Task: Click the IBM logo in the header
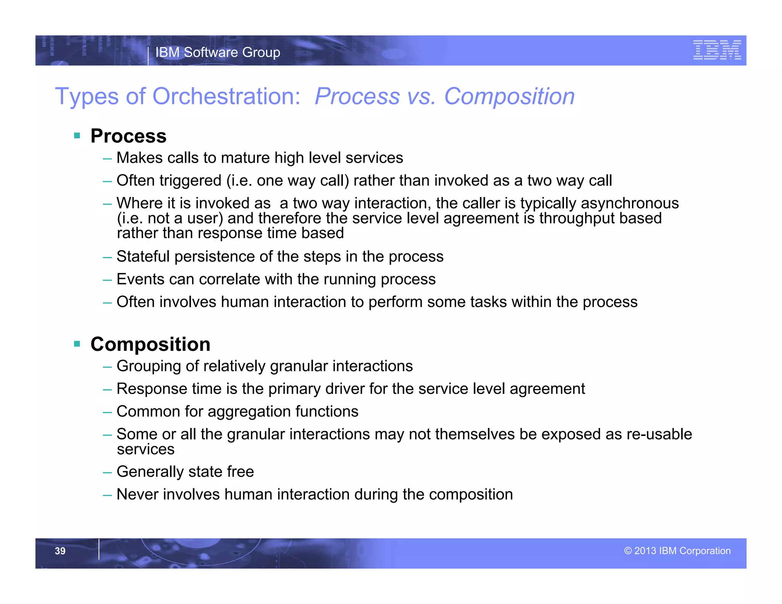click(x=717, y=50)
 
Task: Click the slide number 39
click(x=60, y=551)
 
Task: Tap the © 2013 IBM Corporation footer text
click(x=677, y=551)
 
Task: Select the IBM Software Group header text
click(x=218, y=52)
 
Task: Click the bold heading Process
click(x=128, y=136)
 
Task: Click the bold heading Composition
click(x=150, y=344)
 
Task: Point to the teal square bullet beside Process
click(x=77, y=136)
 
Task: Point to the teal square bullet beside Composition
click(x=77, y=344)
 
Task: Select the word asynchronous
click(x=630, y=203)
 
